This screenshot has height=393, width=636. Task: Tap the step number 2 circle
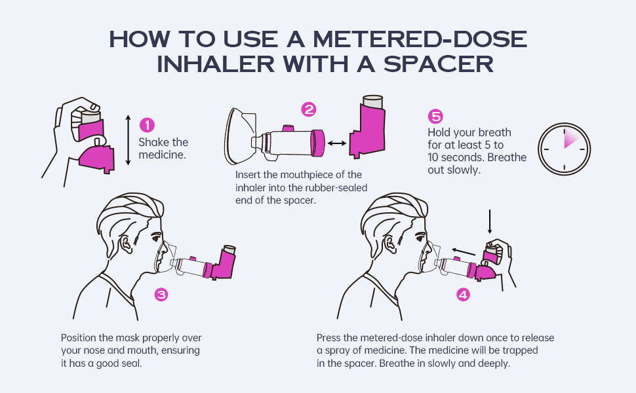[308, 109]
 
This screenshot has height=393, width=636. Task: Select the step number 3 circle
[161, 295]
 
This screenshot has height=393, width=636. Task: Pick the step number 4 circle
[463, 295]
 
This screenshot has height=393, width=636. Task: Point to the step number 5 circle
[435, 117]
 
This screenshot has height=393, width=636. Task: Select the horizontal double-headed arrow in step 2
[338, 142]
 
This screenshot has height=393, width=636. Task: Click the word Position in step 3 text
[81, 338]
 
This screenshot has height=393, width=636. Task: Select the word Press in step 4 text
[329, 338]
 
